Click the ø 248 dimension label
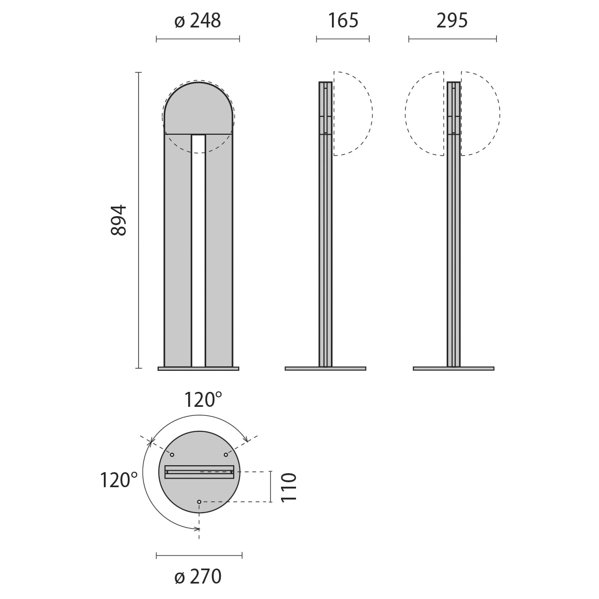[198, 21]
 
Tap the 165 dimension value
[343, 21]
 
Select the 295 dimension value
[452, 21]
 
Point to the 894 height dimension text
[119, 220]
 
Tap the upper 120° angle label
[203, 400]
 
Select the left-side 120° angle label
[118, 480]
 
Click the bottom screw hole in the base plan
[199, 502]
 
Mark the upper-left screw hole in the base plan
[172, 455]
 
